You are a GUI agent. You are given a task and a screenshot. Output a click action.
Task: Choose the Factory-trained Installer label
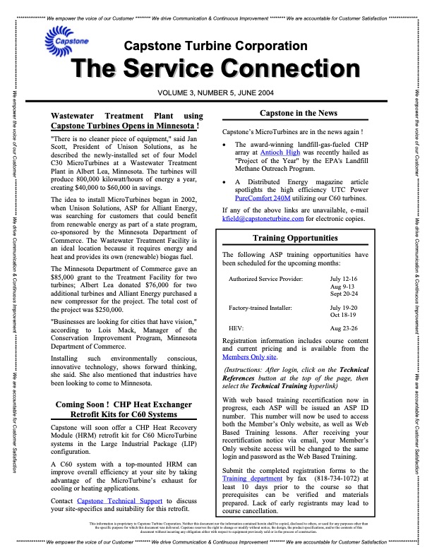point(263,308)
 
